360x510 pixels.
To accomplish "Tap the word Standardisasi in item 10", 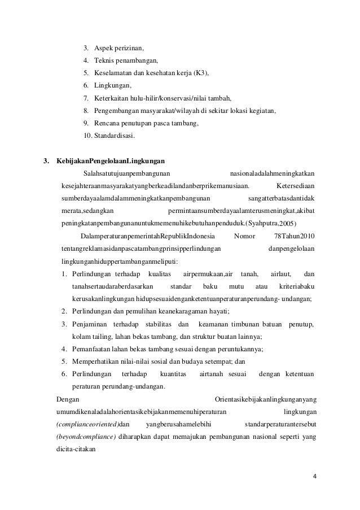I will click(x=111, y=136).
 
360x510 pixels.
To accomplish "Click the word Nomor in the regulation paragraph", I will click(x=244, y=236).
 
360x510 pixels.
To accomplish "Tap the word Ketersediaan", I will click(x=296, y=185).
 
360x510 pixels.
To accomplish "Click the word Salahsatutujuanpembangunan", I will click(x=127, y=173).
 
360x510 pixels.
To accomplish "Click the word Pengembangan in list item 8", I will click(x=117, y=111).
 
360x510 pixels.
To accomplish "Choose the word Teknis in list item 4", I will click(x=103, y=60).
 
